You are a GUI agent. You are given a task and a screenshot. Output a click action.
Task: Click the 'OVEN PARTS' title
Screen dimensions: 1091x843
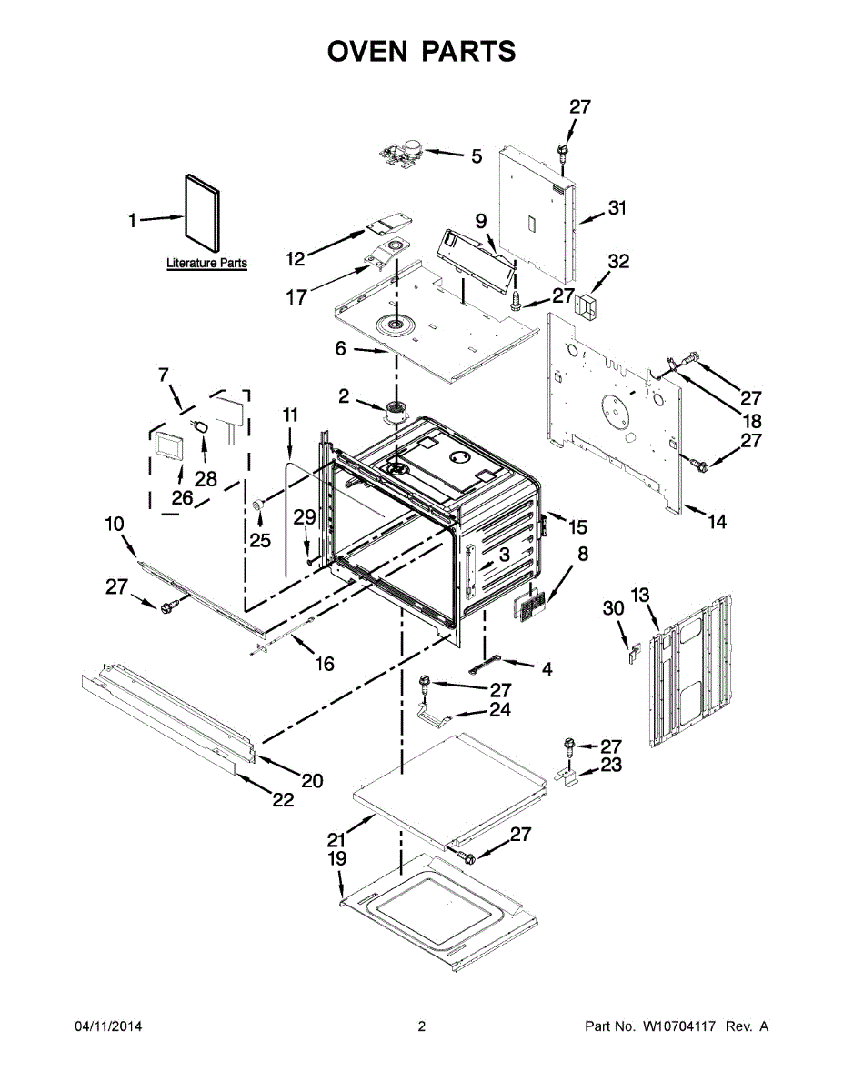421,51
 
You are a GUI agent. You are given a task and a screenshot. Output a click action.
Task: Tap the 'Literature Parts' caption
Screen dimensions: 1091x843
206,264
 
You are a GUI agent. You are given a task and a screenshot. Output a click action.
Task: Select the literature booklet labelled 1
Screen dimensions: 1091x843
203,215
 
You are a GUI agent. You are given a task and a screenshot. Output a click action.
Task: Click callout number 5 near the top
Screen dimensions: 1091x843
477,156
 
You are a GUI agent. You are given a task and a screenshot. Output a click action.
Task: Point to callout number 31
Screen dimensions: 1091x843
617,208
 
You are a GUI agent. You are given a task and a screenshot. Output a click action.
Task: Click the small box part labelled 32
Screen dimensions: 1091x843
588,306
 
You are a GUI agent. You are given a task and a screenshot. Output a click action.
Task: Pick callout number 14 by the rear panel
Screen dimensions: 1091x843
718,522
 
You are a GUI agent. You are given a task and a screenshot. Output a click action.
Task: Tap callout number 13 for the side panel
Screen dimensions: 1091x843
641,596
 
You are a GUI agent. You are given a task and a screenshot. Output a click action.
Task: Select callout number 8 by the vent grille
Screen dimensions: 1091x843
582,553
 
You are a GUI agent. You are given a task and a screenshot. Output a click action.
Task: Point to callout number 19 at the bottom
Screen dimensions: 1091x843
337,858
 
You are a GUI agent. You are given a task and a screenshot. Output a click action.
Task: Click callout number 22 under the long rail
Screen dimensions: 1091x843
284,800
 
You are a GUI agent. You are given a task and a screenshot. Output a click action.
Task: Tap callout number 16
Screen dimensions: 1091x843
325,664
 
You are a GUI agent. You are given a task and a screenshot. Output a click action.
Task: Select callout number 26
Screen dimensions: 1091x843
182,498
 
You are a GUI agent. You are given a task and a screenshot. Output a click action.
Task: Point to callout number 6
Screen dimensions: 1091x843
341,347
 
